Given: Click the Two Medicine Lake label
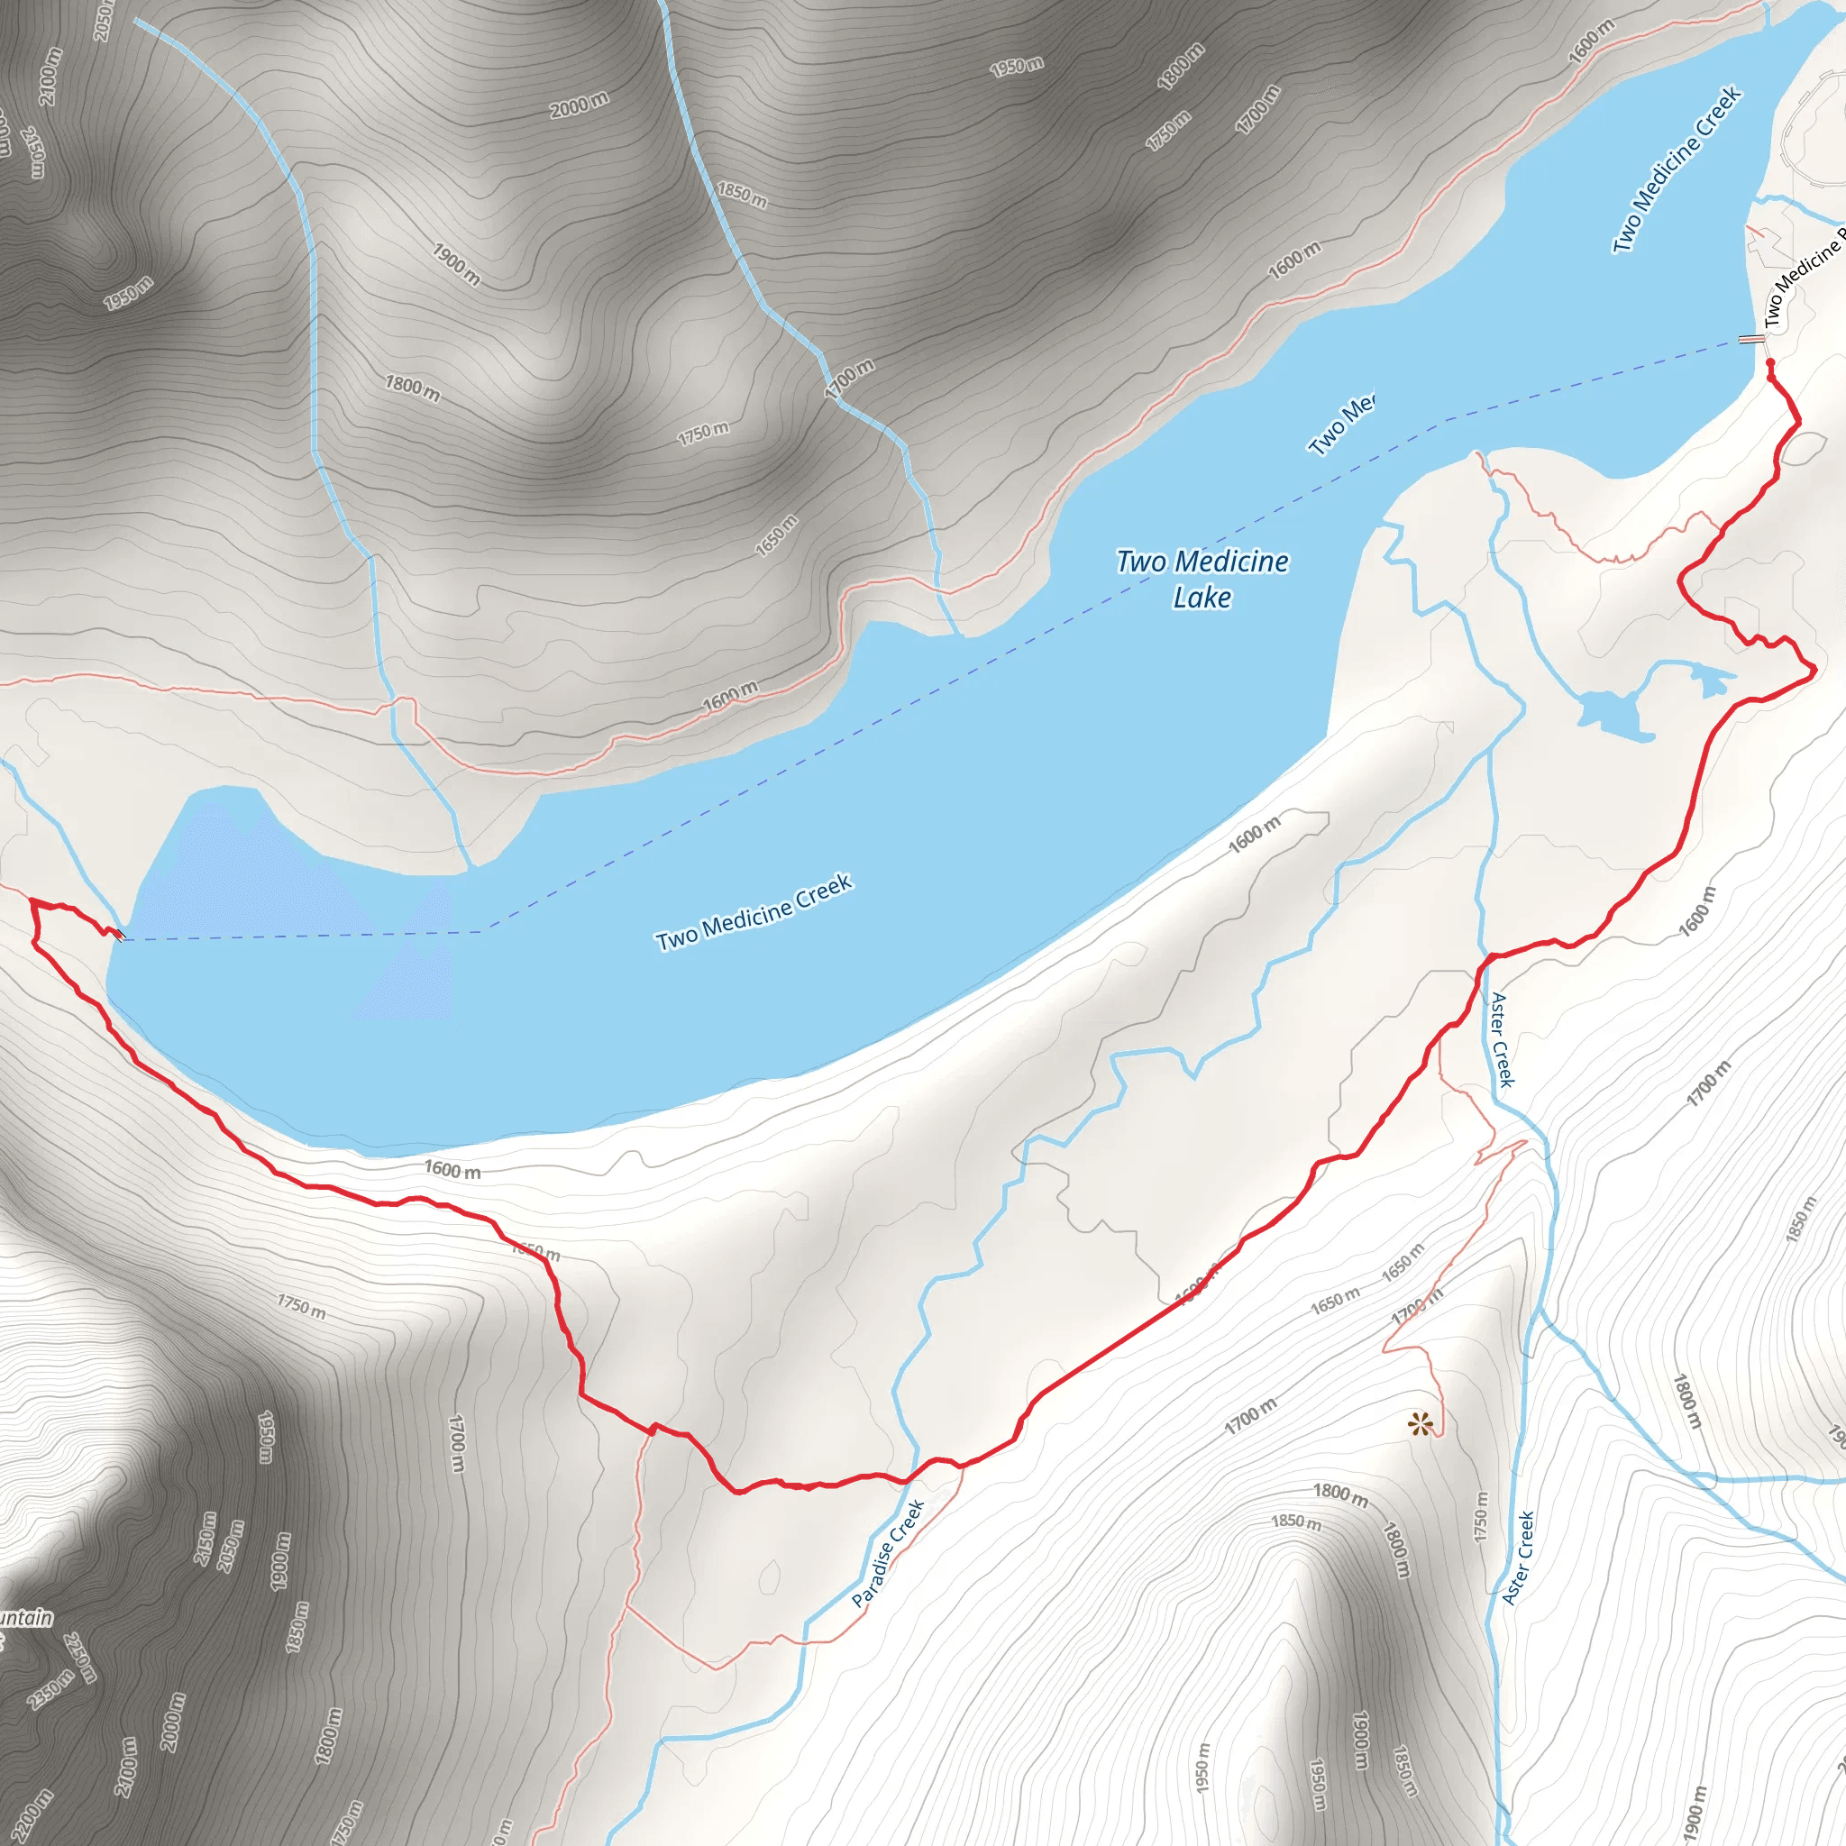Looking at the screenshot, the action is coord(1202,579).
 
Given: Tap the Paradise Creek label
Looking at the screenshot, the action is coord(888,1553).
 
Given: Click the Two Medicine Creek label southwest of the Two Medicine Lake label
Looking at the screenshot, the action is coord(753,912).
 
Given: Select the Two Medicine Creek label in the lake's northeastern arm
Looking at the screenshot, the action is coord(1677,169).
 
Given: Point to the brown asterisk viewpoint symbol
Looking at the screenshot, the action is coord(1421,1426).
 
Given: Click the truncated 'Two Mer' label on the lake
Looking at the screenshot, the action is coord(1341,425).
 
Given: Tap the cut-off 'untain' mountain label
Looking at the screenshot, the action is coord(26,1618).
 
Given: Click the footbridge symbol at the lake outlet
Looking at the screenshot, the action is coord(1750,339).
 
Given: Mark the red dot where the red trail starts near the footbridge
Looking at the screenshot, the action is coord(1769,363).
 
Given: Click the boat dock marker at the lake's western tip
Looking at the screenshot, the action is coord(118,934).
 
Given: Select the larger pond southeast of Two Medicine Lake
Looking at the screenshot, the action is coord(1613,713).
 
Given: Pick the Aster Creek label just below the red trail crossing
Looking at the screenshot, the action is coord(1502,1039).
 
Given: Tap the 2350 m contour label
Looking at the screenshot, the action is coord(50,1689).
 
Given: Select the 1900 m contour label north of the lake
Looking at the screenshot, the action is coord(456,265).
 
